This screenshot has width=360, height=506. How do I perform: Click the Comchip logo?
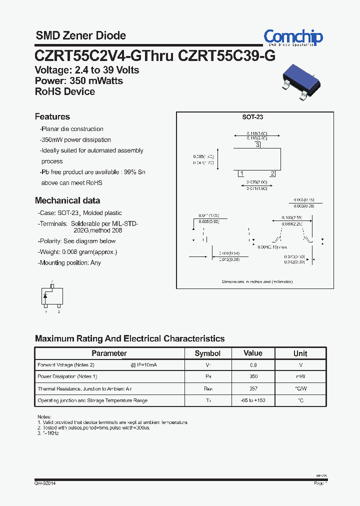point(293,37)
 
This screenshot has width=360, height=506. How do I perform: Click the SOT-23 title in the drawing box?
point(252,117)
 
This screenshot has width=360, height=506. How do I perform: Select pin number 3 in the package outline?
point(257,145)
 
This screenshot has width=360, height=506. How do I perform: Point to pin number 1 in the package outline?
point(241,173)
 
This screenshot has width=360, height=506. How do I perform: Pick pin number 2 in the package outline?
point(272,173)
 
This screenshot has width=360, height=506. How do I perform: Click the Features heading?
point(52,116)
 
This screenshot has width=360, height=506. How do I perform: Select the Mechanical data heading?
point(67,200)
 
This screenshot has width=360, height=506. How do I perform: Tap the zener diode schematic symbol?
point(46,296)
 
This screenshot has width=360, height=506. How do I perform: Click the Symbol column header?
point(207,353)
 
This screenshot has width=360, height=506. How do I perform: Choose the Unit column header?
point(300,353)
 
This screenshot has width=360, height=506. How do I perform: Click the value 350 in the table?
point(253,376)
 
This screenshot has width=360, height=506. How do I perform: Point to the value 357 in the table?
point(253,388)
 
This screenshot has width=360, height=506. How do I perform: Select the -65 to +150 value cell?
point(253,400)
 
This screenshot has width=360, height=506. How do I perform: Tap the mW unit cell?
point(300,376)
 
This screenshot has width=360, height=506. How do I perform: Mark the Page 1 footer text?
point(320,483)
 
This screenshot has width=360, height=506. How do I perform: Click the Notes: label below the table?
point(44,416)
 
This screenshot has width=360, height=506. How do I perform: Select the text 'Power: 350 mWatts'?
point(78,81)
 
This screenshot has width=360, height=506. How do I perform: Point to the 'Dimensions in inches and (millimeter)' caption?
point(257,281)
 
